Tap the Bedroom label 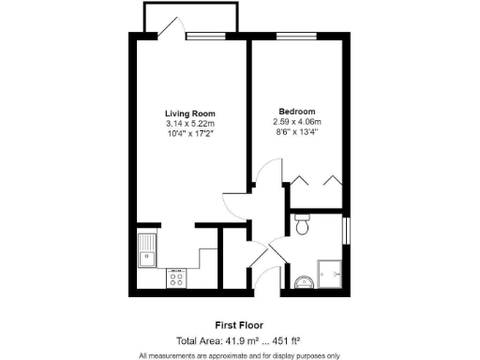tap(296, 111)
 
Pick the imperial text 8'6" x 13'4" tap(296, 131)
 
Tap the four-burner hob tap(175, 277)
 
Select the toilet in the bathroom tap(302, 225)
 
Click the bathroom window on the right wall tap(347, 230)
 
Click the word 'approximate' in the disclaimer tap(232, 355)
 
